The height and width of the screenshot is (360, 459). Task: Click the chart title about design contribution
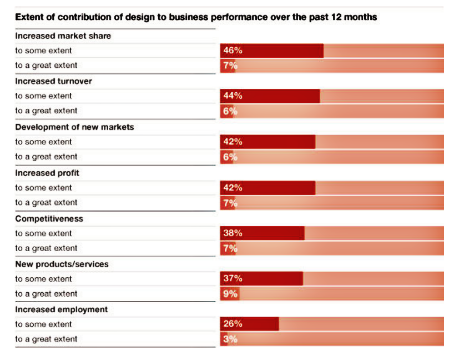(196, 17)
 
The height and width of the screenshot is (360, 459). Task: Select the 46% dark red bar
(271, 51)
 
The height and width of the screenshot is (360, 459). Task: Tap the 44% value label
(233, 96)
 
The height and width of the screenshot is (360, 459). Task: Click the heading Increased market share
(63, 36)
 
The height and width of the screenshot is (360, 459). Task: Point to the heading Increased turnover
(53, 81)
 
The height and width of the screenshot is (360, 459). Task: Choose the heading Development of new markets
(74, 127)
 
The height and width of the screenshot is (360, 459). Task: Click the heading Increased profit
(47, 173)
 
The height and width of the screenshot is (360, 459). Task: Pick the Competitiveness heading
(49, 218)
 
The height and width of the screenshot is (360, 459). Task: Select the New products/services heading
(62, 264)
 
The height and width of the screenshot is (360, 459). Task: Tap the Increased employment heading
(61, 309)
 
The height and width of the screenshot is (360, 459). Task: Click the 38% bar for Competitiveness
(262, 233)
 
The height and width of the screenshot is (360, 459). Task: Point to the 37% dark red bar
(261, 278)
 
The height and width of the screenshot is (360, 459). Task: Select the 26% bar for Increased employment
(249, 324)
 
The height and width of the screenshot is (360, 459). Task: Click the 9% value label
(230, 294)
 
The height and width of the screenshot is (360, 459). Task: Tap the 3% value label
(230, 339)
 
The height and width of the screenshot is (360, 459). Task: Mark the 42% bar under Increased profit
(268, 188)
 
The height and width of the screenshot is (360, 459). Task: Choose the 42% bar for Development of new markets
(268, 142)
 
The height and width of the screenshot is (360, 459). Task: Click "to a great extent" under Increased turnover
(46, 111)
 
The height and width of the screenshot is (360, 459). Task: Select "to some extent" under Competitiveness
(44, 233)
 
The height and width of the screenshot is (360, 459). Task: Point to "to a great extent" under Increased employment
(46, 339)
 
